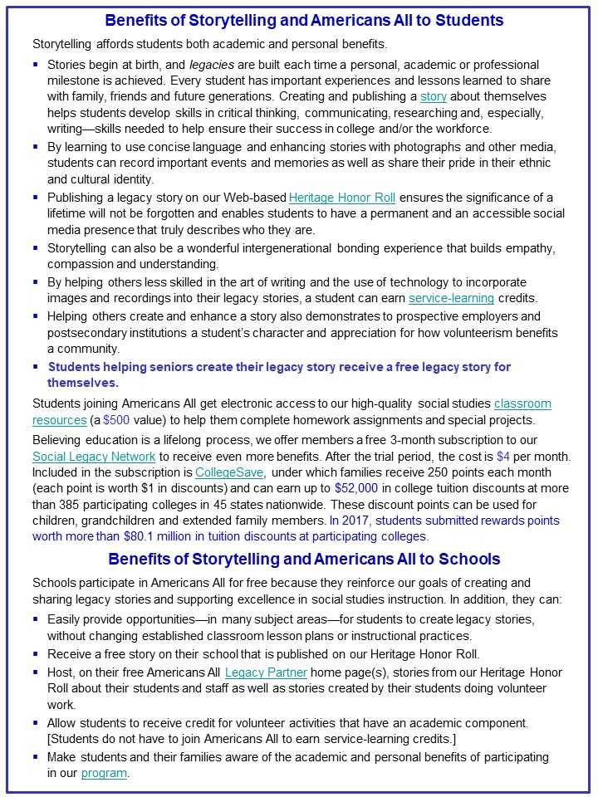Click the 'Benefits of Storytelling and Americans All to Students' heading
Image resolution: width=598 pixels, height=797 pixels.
pos(304,20)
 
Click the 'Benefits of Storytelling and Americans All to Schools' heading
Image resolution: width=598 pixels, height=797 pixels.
pos(304,559)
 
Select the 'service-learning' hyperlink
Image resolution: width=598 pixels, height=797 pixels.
pos(451,298)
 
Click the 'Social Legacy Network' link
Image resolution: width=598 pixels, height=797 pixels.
pos(94,457)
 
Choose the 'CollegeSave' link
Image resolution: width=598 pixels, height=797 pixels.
pos(225,472)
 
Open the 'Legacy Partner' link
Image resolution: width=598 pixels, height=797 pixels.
pos(266,672)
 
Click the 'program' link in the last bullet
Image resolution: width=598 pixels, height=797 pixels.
pos(104,773)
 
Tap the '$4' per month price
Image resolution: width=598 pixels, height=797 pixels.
pos(502,457)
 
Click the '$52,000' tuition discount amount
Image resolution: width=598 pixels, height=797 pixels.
pos(358,488)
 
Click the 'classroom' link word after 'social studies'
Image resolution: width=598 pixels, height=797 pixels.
pos(522,404)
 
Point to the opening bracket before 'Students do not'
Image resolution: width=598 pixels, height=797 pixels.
pos(50,741)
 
